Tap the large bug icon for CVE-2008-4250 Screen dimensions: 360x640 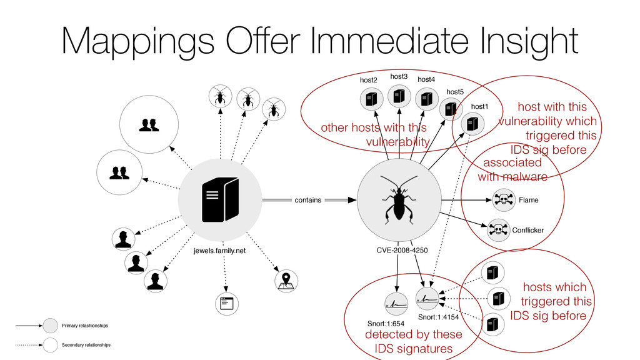point(397,199)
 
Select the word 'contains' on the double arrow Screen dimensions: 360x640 point(307,200)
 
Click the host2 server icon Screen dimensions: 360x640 point(371,98)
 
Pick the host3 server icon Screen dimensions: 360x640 point(399,95)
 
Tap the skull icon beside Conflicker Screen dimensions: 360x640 point(497,230)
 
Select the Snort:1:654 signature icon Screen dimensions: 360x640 point(396,303)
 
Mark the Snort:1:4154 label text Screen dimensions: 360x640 point(438,317)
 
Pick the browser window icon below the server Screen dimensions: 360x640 point(226,304)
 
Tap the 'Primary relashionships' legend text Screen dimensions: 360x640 point(84,326)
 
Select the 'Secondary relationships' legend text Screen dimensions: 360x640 point(86,344)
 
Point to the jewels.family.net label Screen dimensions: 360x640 point(219,251)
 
